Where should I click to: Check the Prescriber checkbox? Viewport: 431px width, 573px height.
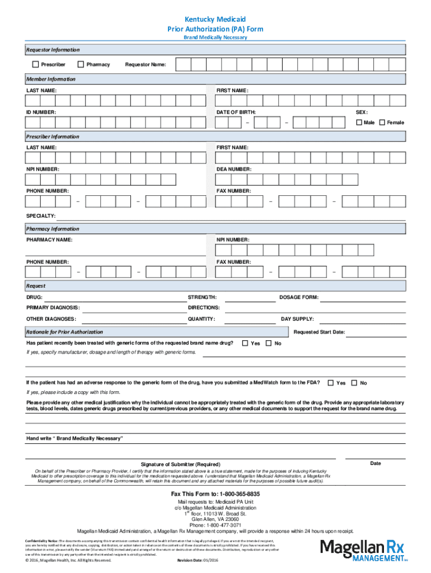(36, 64)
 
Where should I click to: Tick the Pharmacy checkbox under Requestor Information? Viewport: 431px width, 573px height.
(81, 64)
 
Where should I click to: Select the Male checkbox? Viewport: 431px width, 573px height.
(359, 123)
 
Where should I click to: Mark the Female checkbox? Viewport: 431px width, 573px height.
(382, 123)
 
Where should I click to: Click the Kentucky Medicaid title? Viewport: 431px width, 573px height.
(215, 19)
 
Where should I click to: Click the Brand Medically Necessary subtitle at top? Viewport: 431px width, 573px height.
(215, 37)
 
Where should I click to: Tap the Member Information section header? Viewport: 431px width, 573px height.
(51, 79)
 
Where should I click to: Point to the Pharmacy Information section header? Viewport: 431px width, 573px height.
(53, 229)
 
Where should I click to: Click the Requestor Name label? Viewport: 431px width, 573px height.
(145, 65)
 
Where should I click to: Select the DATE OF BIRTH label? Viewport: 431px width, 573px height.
(236, 112)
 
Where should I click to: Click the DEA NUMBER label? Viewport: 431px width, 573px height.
(234, 169)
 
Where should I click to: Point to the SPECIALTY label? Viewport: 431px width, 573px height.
(41, 215)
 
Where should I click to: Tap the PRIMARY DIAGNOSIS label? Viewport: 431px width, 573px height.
(53, 308)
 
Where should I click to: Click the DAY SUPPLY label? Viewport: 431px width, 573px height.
(297, 319)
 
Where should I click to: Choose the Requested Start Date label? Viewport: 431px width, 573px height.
(319, 332)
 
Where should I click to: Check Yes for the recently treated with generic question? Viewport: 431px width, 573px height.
(245, 343)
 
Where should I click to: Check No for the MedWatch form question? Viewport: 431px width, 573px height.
(354, 383)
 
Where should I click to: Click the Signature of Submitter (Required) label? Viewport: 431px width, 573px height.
(180, 464)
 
